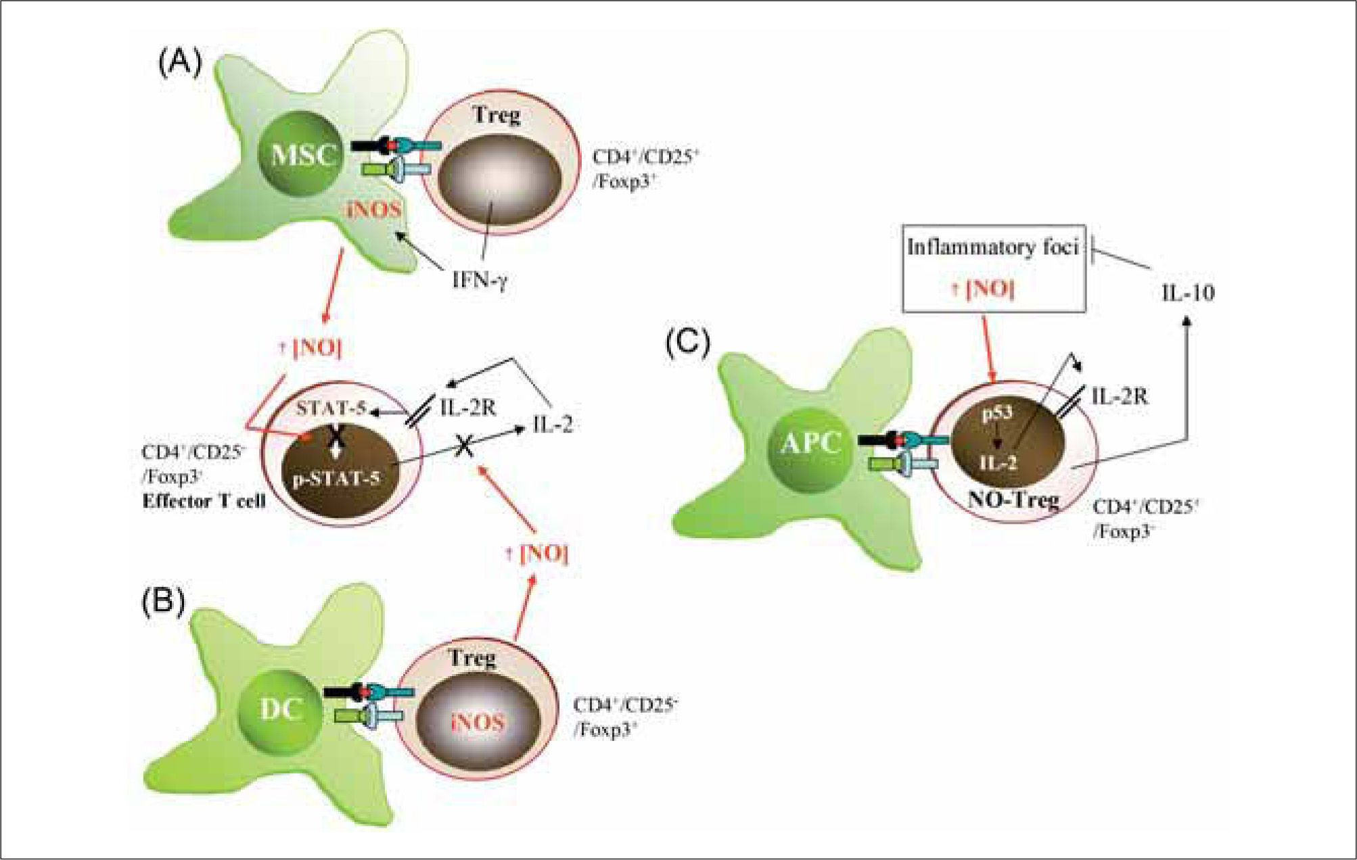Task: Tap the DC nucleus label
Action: click(x=281, y=709)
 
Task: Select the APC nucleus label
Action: click(x=810, y=444)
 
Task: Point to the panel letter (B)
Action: click(x=162, y=601)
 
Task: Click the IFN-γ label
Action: click(x=480, y=280)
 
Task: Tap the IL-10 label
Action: click(x=1187, y=293)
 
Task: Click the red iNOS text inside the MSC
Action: click(x=375, y=210)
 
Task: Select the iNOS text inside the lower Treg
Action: click(x=478, y=722)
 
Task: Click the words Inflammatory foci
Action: click(x=992, y=247)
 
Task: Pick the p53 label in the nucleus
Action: click(x=996, y=413)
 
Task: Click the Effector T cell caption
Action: click(x=204, y=502)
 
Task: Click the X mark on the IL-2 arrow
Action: click(x=463, y=445)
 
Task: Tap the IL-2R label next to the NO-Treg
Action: click(x=1120, y=396)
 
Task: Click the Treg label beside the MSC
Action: click(x=497, y=116)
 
